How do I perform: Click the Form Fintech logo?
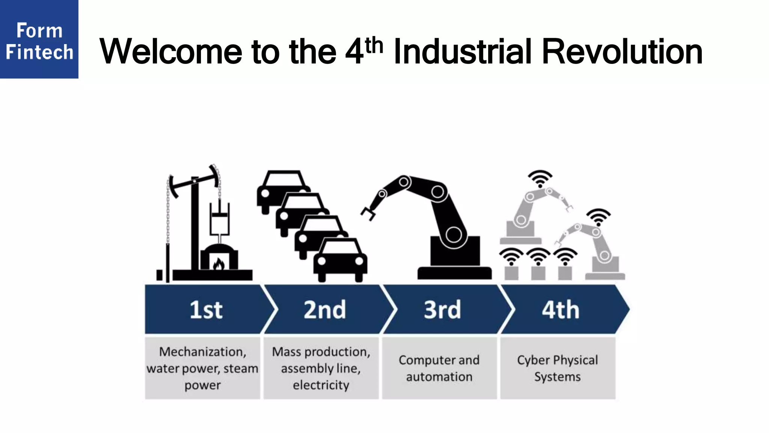coord(39,39)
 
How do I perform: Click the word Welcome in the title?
coord(170,52)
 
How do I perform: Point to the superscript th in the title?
coord(374,46)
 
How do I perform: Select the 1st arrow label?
coord(206,310)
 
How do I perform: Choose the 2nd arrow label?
coord(324,310)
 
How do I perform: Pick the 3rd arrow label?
coord(442,310)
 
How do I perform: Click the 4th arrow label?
coord(560,310)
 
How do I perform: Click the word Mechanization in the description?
coord(202,352)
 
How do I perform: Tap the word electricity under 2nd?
coord(321,385)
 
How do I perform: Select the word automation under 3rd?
coord(439,377)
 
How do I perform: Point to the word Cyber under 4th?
coord(533,360)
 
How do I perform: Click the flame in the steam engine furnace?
coord(219,264)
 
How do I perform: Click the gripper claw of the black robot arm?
coord(368,213)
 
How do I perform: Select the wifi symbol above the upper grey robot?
coord(540,178)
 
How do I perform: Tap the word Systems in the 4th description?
coord(557,377)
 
